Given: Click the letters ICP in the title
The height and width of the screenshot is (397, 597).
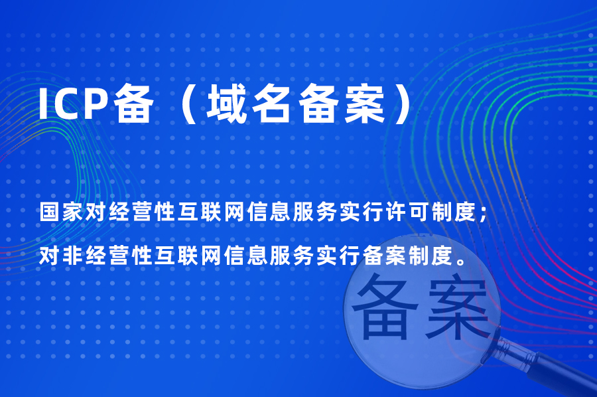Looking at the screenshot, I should pyautogui.click(x=75, y=105).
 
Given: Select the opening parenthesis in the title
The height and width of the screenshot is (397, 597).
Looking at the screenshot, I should pyautogui.click(x=184, y=105).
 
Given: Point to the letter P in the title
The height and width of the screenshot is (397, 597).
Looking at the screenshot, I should pyautogui.click(x=99, y=105).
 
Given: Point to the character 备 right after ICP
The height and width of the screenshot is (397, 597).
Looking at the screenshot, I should pyautogui.click(x=133, y=105).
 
